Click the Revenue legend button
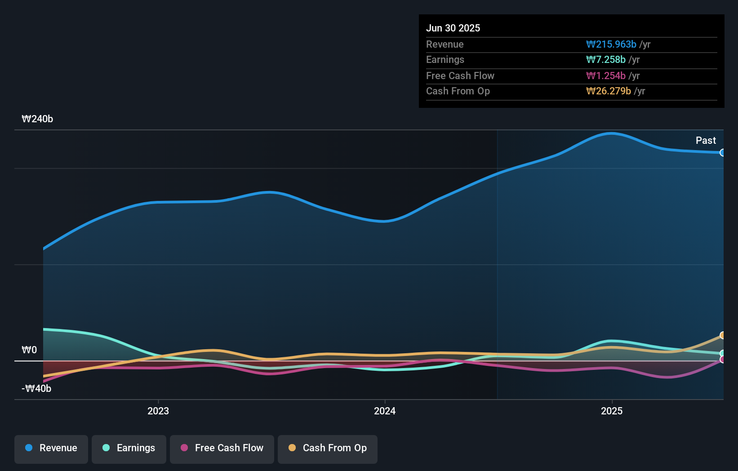(51, 449)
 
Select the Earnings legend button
(129, 449)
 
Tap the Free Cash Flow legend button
(222, 449)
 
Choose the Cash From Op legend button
(328, 449)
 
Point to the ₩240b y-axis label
(37, 119)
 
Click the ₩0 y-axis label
(29, 350)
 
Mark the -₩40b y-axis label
(36, 389)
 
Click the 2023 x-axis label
(158, 411)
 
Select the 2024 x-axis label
(385, 411)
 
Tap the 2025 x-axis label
(612, 411)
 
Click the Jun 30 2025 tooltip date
(453, 28)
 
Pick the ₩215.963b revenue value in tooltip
(611, 44)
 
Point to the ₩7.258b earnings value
(606, 60)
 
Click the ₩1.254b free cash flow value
(606, 76)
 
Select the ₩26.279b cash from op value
(609, 91)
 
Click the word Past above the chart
(706, 141)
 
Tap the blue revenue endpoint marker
(722, 153)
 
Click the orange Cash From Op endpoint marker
(722, 335)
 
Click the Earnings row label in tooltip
(445, 60)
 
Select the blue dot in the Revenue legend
(29, 448)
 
